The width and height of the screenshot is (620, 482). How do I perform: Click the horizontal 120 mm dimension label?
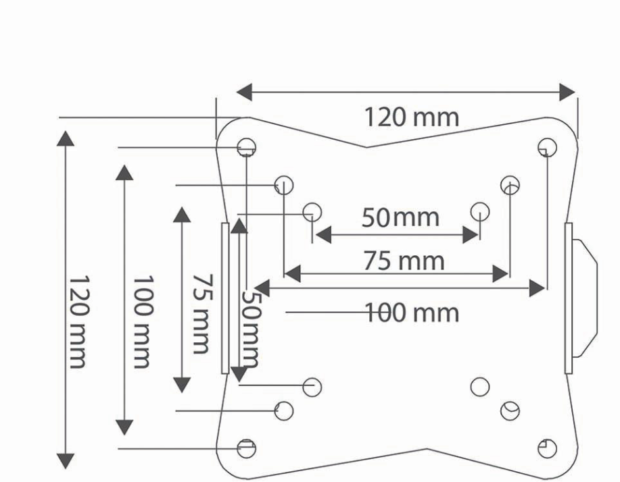point(411,117)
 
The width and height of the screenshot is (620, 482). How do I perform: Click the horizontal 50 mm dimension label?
point(400,217)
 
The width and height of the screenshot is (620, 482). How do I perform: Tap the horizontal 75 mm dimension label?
point(404,261)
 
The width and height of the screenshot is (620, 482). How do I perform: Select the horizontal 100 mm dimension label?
point(412,313)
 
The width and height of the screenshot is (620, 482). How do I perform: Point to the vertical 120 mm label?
point(78,322)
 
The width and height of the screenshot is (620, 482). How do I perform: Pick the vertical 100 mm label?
point(142,322)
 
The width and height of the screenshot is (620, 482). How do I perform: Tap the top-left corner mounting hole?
point(246,148)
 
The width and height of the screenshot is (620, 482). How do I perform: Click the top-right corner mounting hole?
point(547,148)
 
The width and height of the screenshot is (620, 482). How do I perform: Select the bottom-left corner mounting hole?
point(246,448)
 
